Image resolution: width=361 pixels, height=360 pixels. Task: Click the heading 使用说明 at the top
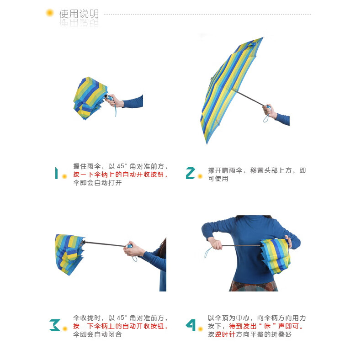coord(79,14)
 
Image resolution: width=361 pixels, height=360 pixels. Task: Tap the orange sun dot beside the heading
coord(50,13)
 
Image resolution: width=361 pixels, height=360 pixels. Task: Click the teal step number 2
coord(191,173)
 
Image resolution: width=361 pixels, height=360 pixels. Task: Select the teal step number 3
coord(55,325)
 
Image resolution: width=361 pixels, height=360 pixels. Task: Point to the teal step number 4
coord(191,325)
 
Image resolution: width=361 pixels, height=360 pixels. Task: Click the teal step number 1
coord(56,173)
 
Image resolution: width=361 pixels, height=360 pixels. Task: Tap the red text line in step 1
coord(120,175)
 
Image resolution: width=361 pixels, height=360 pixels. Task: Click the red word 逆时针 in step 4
coord(225,334)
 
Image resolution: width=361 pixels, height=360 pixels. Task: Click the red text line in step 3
coord(120,326)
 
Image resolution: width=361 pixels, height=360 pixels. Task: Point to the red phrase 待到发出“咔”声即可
coord(266,326)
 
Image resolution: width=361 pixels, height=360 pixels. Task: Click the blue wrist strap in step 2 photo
coord(266,118)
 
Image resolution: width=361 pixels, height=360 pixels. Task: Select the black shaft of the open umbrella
coord(248,97)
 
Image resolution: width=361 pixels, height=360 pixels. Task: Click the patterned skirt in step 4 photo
coord(253,286)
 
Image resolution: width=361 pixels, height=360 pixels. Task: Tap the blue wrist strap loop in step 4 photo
coord(208,253)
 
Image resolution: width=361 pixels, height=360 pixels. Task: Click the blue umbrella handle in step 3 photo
coord(129,246)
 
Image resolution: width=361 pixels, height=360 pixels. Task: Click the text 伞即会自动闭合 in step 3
coord(97,334)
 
